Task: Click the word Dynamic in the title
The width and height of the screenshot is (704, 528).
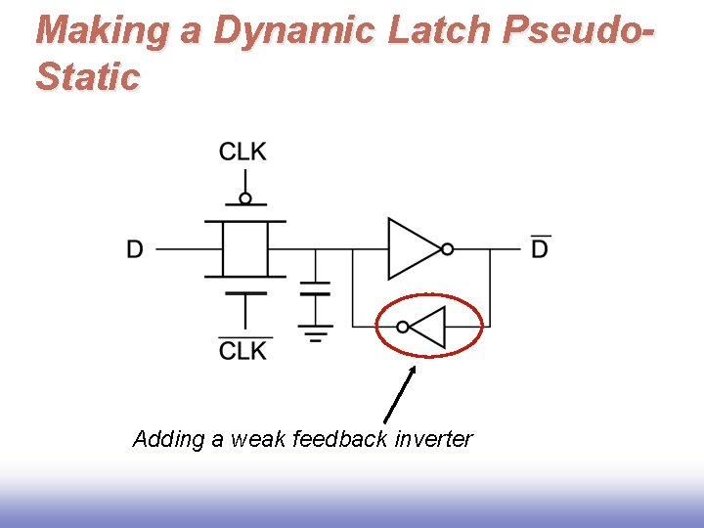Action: click(x=293, y=31)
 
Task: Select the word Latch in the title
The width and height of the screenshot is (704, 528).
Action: click(x=442, y=31)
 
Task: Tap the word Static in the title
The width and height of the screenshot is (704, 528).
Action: click(x=88, y=76)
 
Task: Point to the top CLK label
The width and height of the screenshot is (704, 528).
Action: click(x=242, y=152)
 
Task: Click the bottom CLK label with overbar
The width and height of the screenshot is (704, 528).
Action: click(x=242, y=349)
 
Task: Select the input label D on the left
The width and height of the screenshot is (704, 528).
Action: click(x=135, y=249)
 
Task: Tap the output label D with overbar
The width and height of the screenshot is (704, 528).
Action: click(x=540, y=248)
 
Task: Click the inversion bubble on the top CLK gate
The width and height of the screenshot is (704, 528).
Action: click(x=245, y=198)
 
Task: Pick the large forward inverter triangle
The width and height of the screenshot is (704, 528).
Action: click(x=413, y=248)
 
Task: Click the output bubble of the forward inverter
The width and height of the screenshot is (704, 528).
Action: click(x=447, y=249)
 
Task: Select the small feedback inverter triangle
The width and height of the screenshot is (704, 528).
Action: click(x=428, y=327)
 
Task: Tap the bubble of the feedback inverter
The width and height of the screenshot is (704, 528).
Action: click(x=403, y=327)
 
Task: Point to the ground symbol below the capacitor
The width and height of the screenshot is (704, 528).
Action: click(x=315, y=333)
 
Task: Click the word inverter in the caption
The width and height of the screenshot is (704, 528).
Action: click(x=433, y=439)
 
